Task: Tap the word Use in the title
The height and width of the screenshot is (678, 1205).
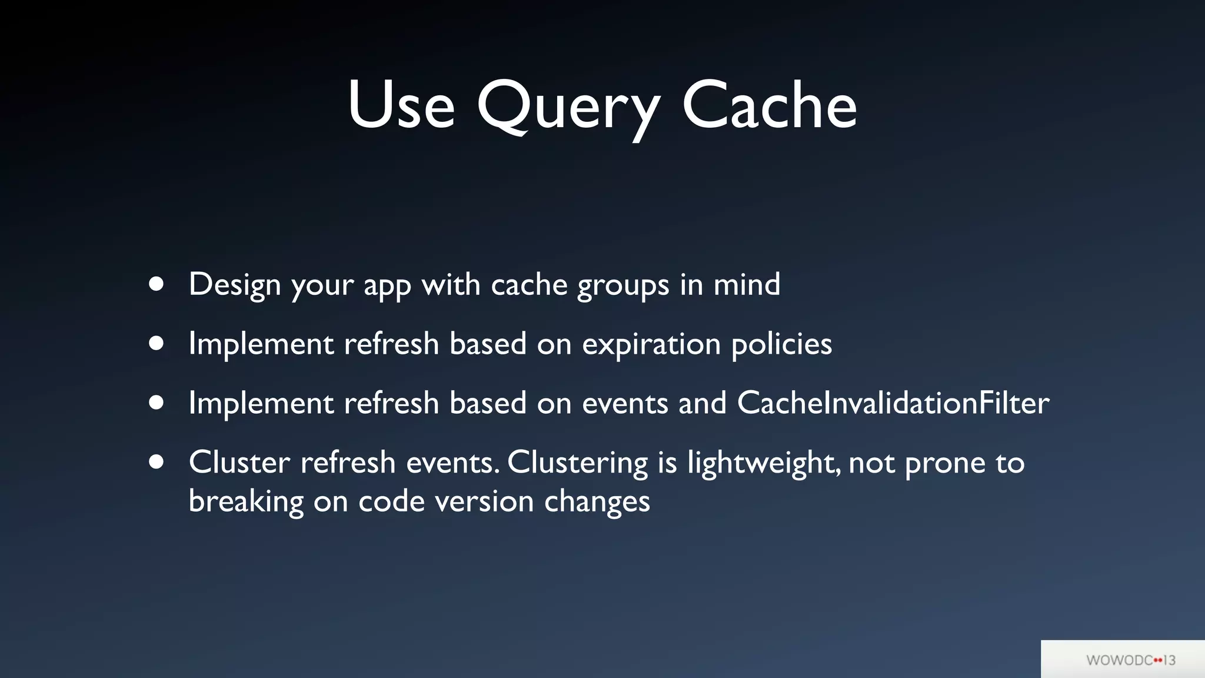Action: (401, 106)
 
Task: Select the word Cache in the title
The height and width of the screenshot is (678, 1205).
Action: (769, 106)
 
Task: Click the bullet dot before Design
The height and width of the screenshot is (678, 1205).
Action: (157, 284)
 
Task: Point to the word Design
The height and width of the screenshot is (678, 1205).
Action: (235, 285)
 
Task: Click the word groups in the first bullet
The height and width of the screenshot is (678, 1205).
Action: (623, 286)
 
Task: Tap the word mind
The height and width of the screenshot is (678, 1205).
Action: (747, 284)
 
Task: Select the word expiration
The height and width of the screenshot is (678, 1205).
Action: (651, 344)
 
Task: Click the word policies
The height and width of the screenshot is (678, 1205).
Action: (781, 344)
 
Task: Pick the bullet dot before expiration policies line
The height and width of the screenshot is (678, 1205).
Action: (157, 343)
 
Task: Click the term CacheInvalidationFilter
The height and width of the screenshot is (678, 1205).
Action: (893, 403)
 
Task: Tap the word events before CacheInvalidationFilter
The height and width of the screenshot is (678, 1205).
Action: (625, 404)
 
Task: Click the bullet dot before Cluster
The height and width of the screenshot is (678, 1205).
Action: (157, 462)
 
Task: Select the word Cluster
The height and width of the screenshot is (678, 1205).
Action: (239, 462)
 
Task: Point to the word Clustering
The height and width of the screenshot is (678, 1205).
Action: (577, 463)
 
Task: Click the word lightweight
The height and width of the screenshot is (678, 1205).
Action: (763, 463)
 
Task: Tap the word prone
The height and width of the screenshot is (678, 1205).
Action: (945, 463)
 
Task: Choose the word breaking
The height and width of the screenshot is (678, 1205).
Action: (246, 501)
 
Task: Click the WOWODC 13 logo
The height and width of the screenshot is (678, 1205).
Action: (1130, 660)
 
